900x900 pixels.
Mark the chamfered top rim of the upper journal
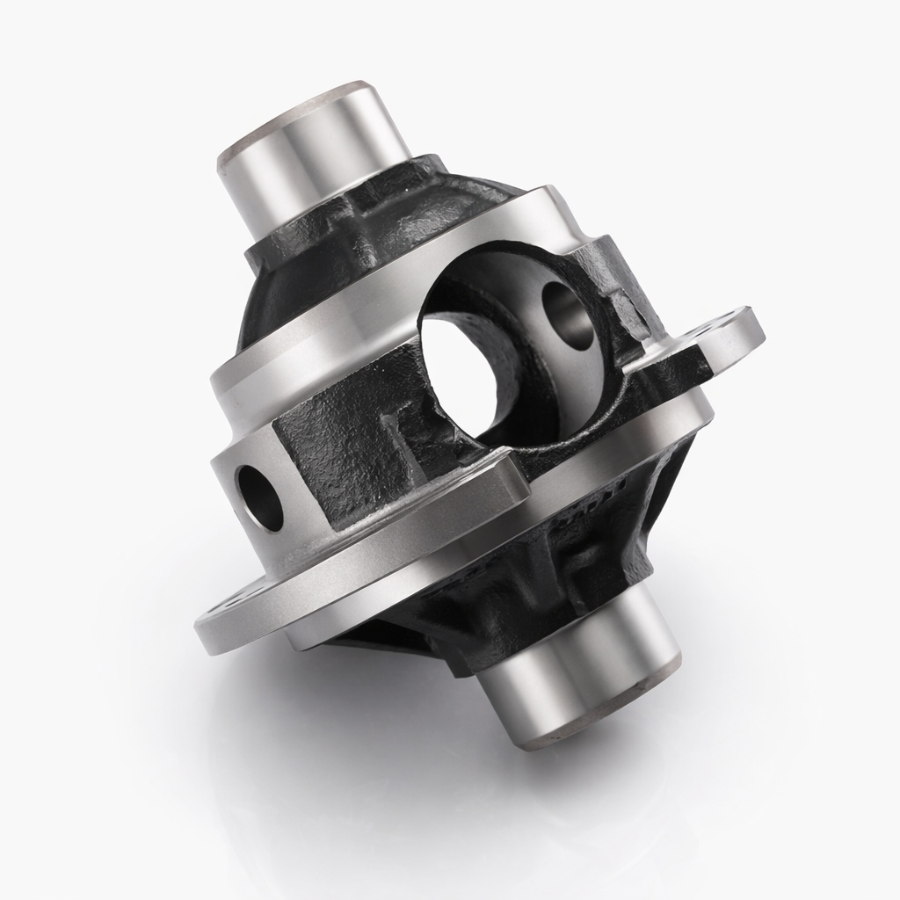click(x=299, y=114)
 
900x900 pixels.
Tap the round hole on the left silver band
click(x=259, y=497)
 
